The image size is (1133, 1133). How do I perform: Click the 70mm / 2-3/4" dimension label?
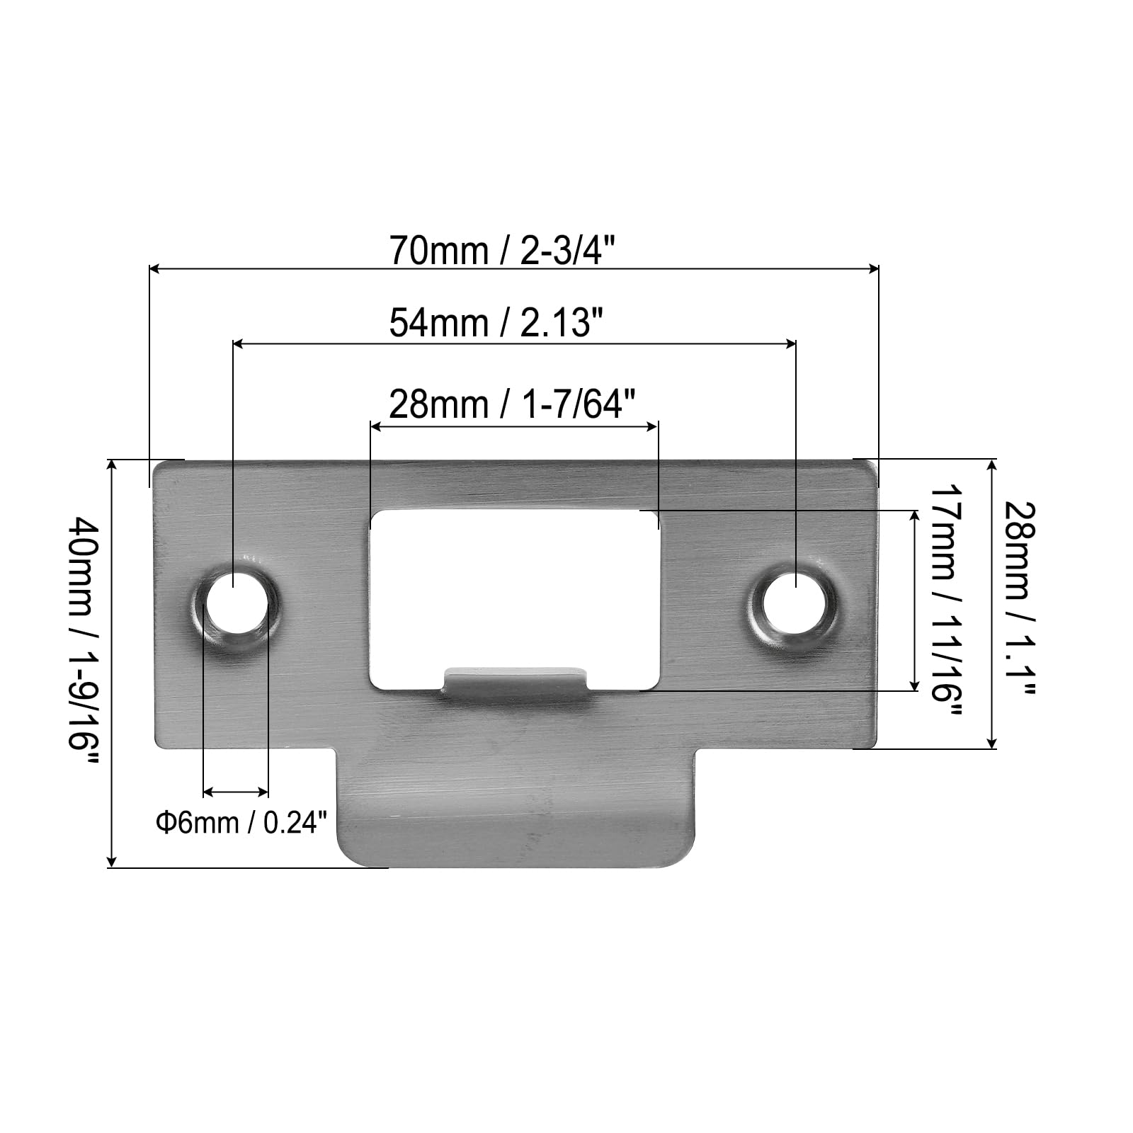click(x=502, y=251)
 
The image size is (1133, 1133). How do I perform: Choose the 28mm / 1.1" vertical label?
click(x=1020, y=599)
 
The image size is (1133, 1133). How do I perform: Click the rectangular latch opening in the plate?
click(x=515, y=598)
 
